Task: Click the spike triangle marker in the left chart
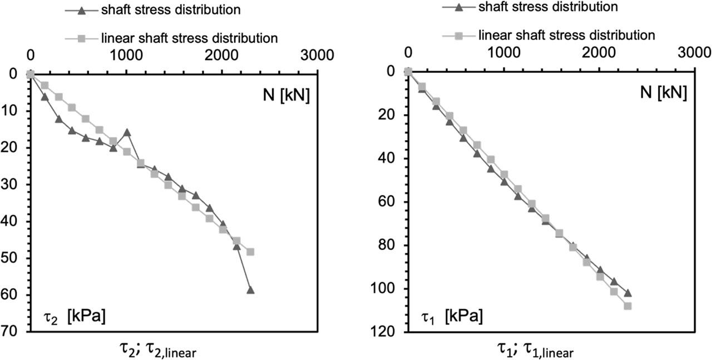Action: pyautogui.click(x=127, y=132)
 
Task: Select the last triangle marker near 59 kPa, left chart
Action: pyautogui.click(x=250, y=290)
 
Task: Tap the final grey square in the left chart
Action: pyautogui.click(x=250, y=251)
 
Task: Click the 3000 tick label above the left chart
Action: pyautogui.click(x=318, y=56)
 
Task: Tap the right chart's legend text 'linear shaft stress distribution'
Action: pyautogui.click(x=566, y=35)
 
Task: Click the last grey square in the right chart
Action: pyautogui.click(x=627, y=305)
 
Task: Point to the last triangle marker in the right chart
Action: pyautogui.click(x=628, y=293)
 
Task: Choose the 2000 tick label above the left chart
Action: pyautogui.click(x=222, y=56)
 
